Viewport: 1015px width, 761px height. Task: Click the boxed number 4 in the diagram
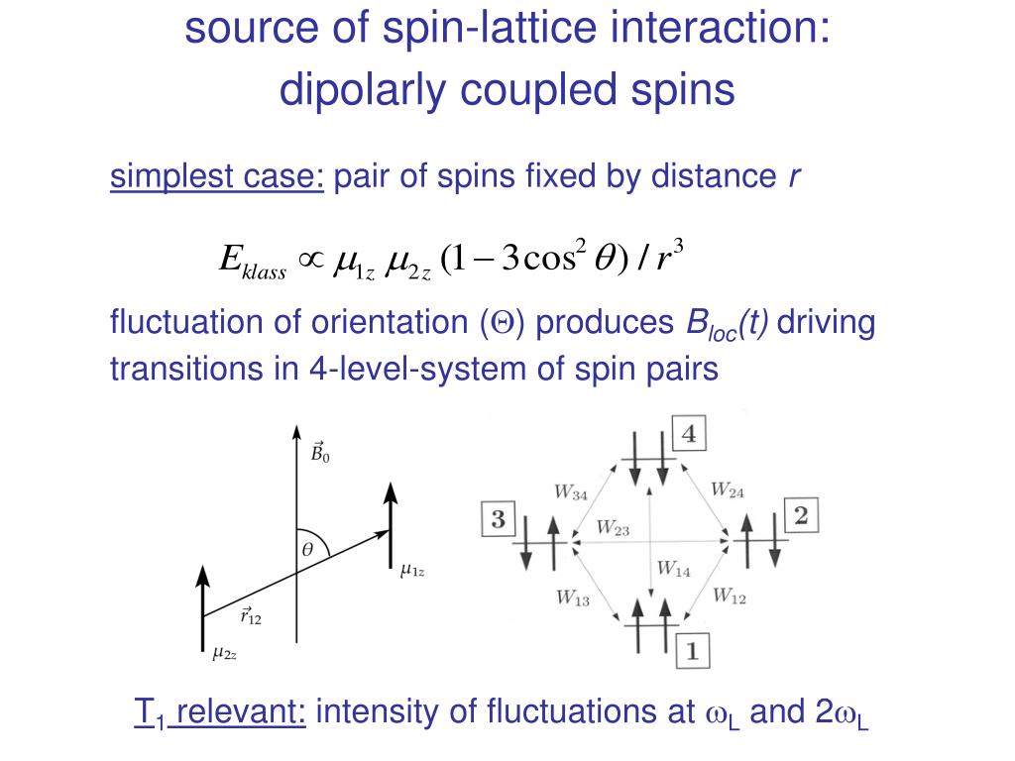(x=690, y=435)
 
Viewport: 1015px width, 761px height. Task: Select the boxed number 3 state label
(x=499, y=519)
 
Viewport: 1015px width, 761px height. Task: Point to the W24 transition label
(x=729, y=489)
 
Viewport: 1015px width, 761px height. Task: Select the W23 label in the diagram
(x=614, y=528)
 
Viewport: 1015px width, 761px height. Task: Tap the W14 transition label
(x=674, y=569)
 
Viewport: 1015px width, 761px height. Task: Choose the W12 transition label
(x=729, y=596)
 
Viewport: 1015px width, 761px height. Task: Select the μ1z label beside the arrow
(x=412, y=570)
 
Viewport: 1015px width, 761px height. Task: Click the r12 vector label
(x=251, y=617)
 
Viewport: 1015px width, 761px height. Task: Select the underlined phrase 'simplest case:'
(x=217, y=178)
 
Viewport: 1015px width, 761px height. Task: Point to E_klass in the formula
(x=252, y=262)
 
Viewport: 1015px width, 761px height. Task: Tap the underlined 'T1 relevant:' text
(x=220, y=712)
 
